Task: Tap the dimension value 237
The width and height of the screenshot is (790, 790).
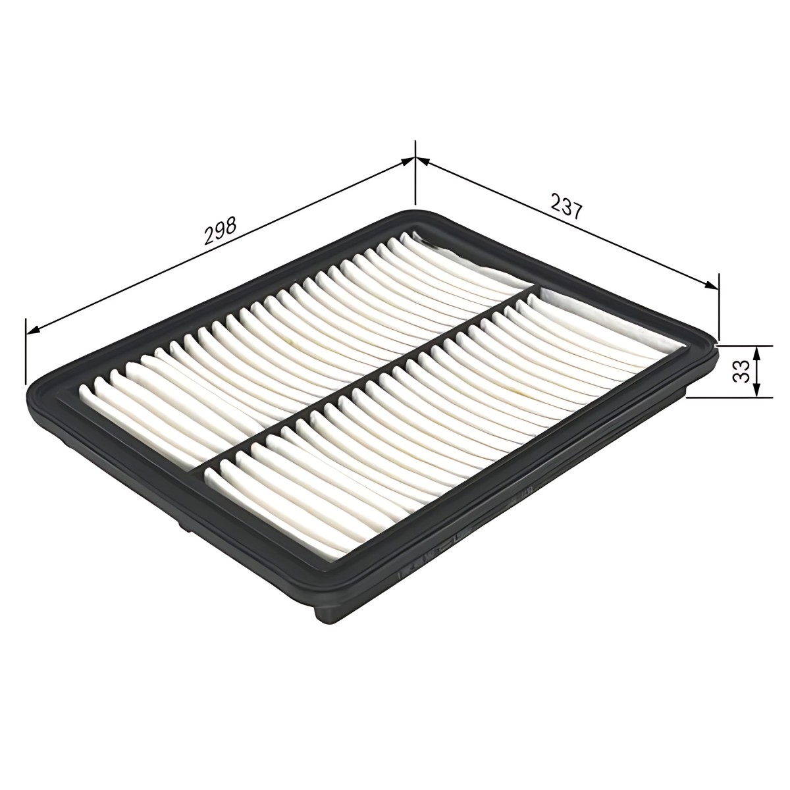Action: (x=566, y=206)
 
